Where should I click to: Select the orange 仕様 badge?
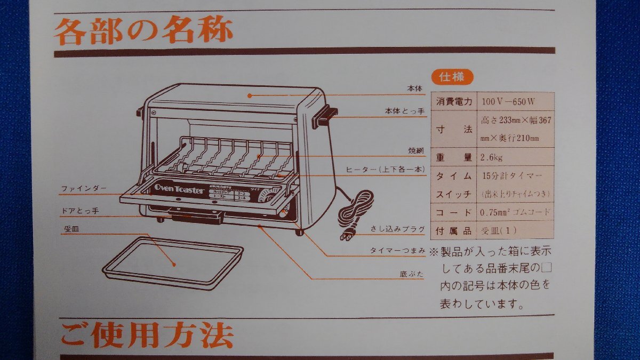click(x=451, y=77)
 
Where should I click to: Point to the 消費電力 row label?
click(x=454, y=101)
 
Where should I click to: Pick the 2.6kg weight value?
click(x=491, y=157)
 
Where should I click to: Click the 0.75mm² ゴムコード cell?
click(x=515, y=212)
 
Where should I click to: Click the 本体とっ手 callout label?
click(x=405, y=111)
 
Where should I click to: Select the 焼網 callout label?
click(x=416, y=151)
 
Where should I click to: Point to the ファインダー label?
click(x=84, y=188)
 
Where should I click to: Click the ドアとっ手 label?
click(x=79, y=211)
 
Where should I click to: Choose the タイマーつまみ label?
click(x=397, y=250)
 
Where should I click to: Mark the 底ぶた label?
click(x=411, y=275)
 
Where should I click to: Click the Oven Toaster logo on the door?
click(x=179, y=190)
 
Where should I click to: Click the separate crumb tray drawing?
click(x=172, y=263)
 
